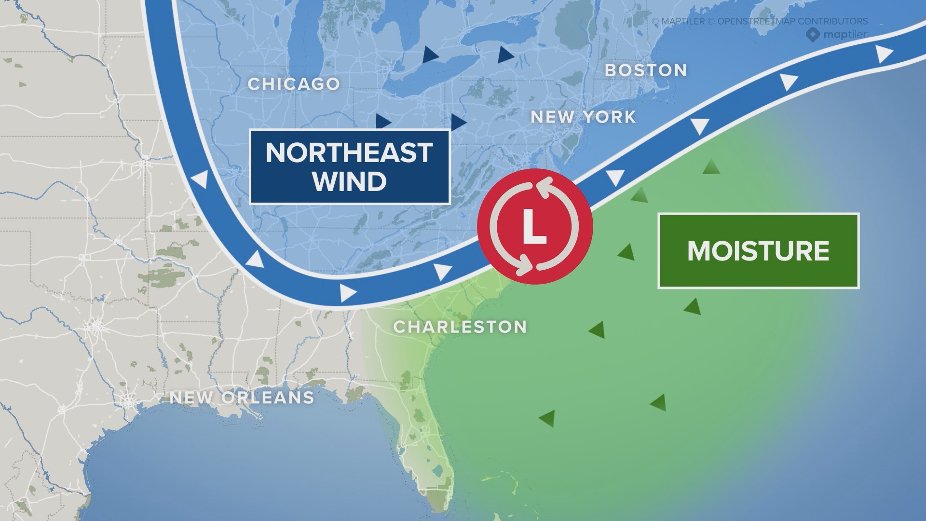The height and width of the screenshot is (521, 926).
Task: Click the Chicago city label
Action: click(294, 84)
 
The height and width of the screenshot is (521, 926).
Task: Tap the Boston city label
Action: click(646, 70)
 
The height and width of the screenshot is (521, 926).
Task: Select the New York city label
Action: click(583, 117)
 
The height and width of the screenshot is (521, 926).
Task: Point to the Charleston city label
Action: click(460, 327)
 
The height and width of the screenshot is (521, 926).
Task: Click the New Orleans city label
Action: click(242, 398)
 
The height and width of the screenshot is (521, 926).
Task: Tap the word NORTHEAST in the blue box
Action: click(349, 152)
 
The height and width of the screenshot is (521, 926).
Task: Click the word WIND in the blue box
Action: click(349, 182)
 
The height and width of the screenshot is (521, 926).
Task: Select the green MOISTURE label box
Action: click(758, 251)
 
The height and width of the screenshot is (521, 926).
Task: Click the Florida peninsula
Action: click(424, 434)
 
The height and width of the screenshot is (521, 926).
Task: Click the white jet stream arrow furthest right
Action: click(884, 54)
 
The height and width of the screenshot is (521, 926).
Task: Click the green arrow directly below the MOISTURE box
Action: click(693, 306)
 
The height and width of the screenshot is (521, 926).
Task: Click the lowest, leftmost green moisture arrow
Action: click(547, 418)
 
